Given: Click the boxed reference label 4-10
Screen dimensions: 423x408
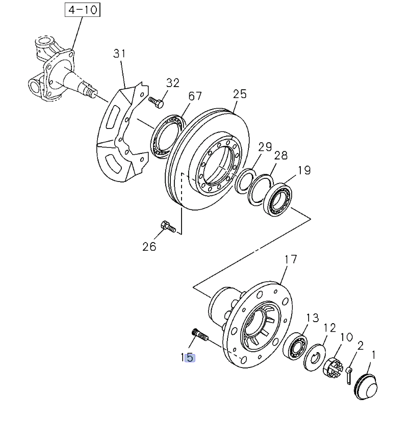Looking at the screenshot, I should coord(82,10).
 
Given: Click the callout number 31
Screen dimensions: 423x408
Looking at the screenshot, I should coord(119,53).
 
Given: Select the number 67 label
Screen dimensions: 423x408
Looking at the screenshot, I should coord(195,96).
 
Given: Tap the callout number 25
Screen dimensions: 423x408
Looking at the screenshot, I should coord(240,94).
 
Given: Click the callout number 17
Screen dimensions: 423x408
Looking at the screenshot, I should coord(290,259).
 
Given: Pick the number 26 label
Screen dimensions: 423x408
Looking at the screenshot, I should coord(149,247).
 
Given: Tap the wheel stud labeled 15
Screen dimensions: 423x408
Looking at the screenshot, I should coord(199,335).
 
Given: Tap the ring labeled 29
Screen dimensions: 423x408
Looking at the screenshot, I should coord(245,179).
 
